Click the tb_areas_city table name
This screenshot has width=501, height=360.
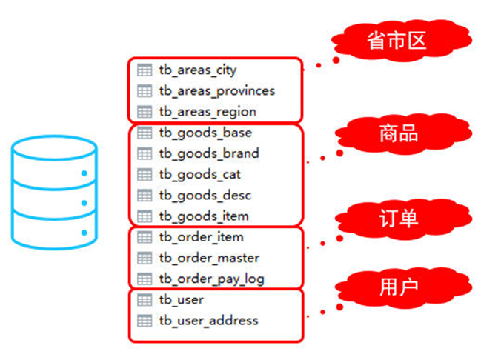tap(197, 70)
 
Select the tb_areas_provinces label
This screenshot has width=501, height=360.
tap(216, 90)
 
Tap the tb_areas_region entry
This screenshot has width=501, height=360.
tap(208, 111)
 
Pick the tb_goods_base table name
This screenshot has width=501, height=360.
tap(205, 133)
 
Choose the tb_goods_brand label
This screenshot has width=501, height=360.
tap(209, 153)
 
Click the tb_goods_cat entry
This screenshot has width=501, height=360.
tap(199, 174)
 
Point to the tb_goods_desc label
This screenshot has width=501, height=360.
tap(205, 195)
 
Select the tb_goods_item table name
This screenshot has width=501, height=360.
tap(204, 216)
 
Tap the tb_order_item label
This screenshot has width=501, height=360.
tap(201, 237)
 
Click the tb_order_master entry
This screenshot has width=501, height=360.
tap(209, 258)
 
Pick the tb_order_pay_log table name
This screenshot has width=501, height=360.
tap(211, 279)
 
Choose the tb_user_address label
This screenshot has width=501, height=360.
tap(208, 321)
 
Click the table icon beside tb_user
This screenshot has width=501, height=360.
tap(145, 300)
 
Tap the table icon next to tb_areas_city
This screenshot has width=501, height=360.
tap(145, 70)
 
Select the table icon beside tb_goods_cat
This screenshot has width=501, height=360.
tap(145, 174)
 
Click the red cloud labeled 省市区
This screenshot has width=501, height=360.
tap(397, 40)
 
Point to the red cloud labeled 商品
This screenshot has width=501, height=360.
tap(397, 133)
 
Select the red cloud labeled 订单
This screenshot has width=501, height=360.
tap(397, 218)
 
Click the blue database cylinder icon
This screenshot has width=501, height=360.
tap(54, 193)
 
